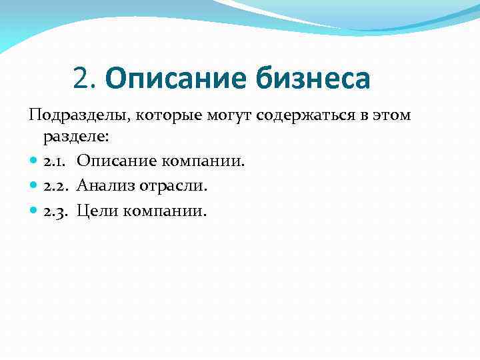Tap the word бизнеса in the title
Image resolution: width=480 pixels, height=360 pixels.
tap(311, 80)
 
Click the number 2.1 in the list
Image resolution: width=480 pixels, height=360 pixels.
tap(55, 161)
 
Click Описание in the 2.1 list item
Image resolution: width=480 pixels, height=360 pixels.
tap(116, 161)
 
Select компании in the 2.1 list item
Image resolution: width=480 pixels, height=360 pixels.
tap(203, 161)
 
